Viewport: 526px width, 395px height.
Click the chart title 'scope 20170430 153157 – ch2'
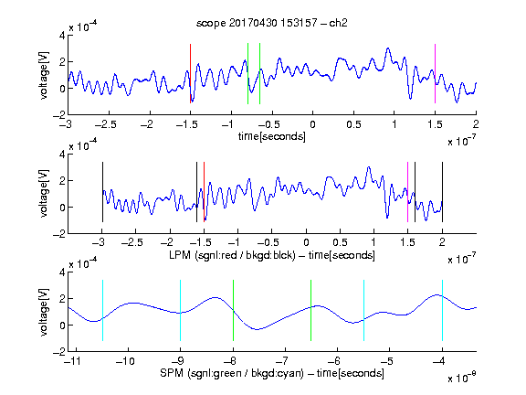272,23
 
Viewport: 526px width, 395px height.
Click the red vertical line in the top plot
190,73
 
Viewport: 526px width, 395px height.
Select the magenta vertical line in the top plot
435,73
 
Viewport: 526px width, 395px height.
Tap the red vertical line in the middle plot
204,192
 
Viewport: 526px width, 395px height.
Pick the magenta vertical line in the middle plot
407,192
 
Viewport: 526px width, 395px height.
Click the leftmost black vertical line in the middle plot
102,192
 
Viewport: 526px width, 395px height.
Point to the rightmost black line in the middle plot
442,192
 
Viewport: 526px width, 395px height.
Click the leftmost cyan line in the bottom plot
102,310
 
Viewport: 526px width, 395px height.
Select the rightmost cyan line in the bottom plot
442,310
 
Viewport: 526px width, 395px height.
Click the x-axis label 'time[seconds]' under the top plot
272,137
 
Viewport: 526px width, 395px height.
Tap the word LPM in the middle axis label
180,255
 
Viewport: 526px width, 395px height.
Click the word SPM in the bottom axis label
172,373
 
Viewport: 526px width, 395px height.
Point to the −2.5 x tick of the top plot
105,124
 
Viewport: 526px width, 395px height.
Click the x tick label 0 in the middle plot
306,242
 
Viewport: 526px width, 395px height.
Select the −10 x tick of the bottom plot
125,361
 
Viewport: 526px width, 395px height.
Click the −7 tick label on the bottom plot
284,361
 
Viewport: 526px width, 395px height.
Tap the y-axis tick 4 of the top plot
62,36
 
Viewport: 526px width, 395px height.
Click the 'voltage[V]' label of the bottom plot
44,312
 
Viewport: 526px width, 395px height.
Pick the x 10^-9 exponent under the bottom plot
462,378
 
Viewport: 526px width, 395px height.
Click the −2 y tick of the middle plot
59,234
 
